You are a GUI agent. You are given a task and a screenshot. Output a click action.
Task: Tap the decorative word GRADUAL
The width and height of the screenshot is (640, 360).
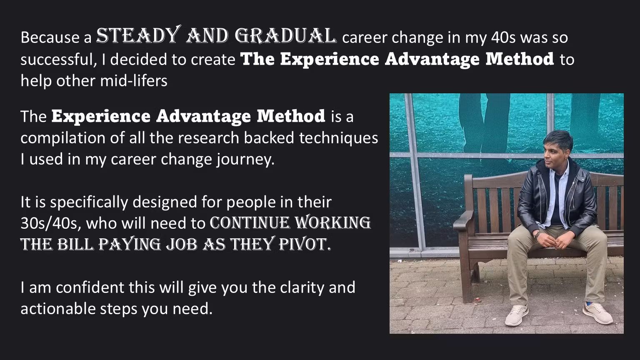coord(285,36)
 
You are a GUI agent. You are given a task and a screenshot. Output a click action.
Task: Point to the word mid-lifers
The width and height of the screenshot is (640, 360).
coord(133,80)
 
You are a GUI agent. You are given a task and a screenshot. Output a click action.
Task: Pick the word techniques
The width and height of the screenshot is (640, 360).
coord(339,138)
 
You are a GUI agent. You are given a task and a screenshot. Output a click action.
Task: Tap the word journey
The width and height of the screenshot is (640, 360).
coord(245,160)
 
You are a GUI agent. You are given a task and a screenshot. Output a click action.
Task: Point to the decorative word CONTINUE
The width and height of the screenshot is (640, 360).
coord(250,223)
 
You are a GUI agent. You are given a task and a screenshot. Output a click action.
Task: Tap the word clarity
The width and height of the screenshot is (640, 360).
coord(302,288)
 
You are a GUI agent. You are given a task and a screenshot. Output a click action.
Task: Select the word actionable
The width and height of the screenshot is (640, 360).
coord(58,309)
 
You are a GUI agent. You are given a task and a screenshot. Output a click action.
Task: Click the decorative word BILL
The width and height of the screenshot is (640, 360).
coord(75,244)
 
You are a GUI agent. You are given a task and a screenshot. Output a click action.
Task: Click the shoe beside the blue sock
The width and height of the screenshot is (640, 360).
coord(597,313)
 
